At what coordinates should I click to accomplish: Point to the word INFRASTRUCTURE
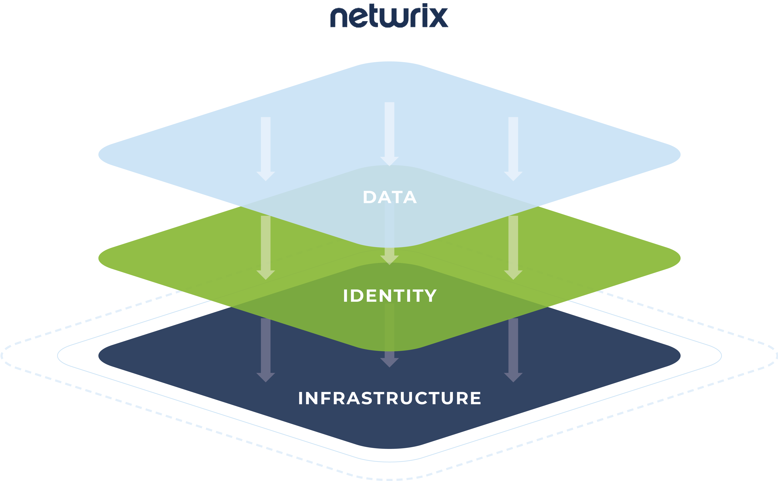click(389, 398)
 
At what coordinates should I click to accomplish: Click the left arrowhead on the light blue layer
click(266, 176)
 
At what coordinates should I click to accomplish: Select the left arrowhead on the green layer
click(266, 275)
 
